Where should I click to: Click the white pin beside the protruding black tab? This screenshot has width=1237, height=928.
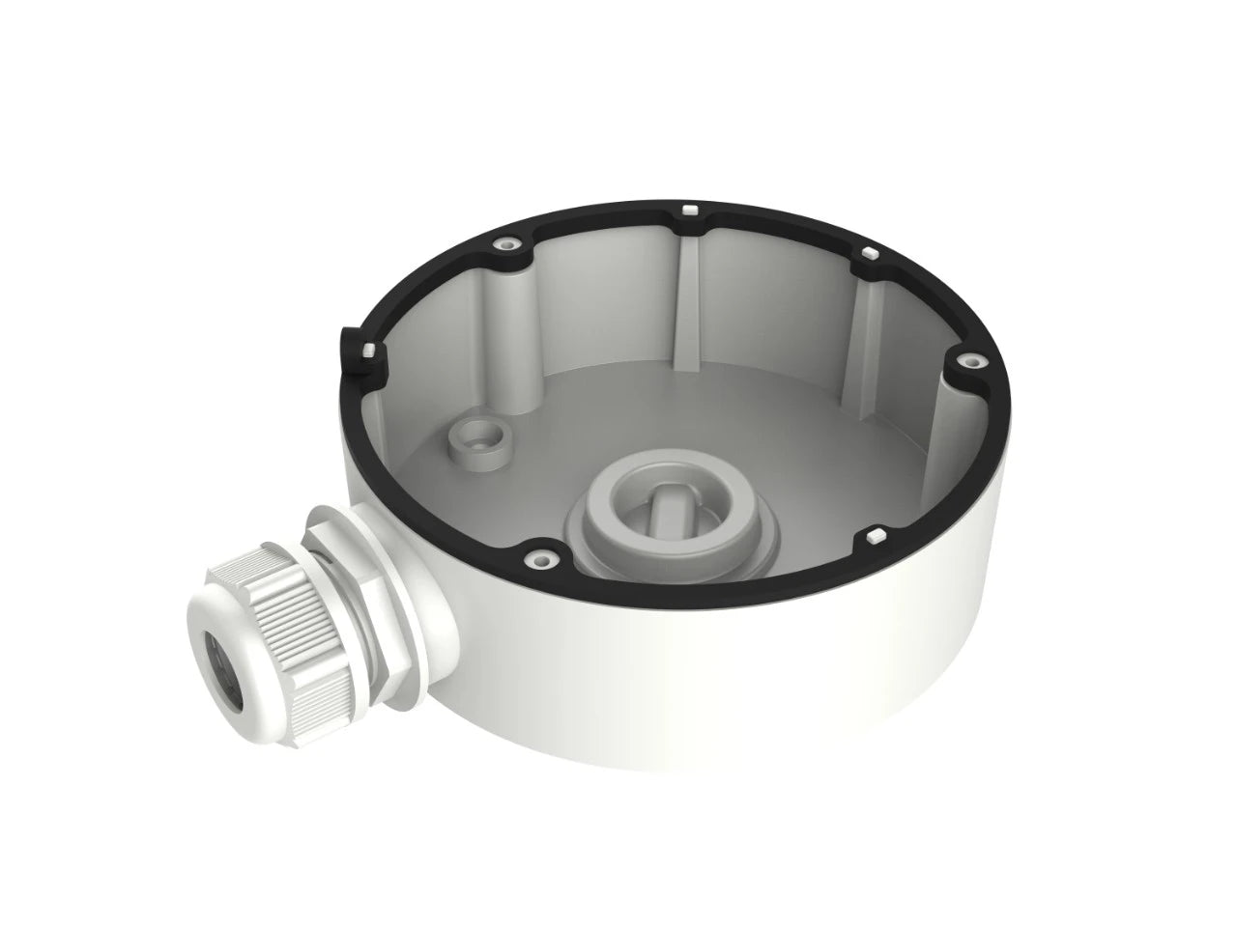368,349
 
